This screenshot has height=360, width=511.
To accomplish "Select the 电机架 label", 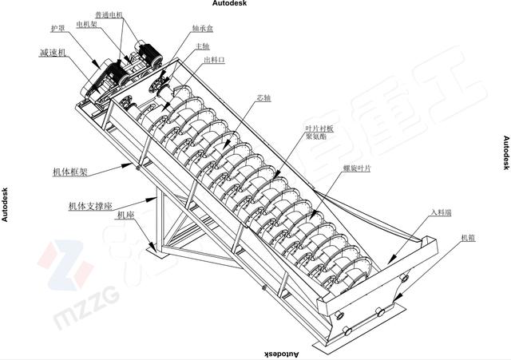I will pos(86,25).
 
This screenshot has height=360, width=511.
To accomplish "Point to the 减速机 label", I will pos(53,53).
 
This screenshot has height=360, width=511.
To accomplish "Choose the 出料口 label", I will pos(215,60).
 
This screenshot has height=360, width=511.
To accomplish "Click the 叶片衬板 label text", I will pos(319,128).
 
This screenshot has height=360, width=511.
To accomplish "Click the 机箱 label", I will pos(469,238).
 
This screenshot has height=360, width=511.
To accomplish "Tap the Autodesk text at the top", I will pos(230,4).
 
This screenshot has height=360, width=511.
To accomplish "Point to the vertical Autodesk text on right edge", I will pos(505,152).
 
